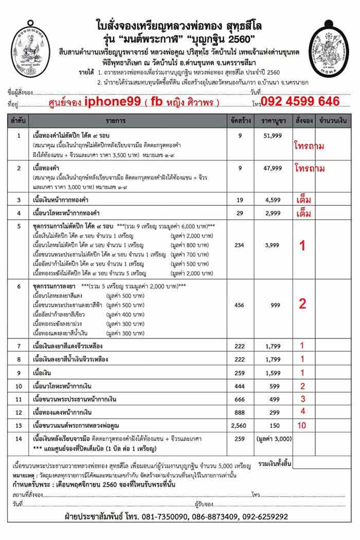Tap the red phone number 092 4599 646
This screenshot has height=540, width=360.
(x=300, y=101)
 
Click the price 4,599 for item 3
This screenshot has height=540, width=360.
(x=273, y=199)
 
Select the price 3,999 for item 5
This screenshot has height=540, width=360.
(x=273, y=246)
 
